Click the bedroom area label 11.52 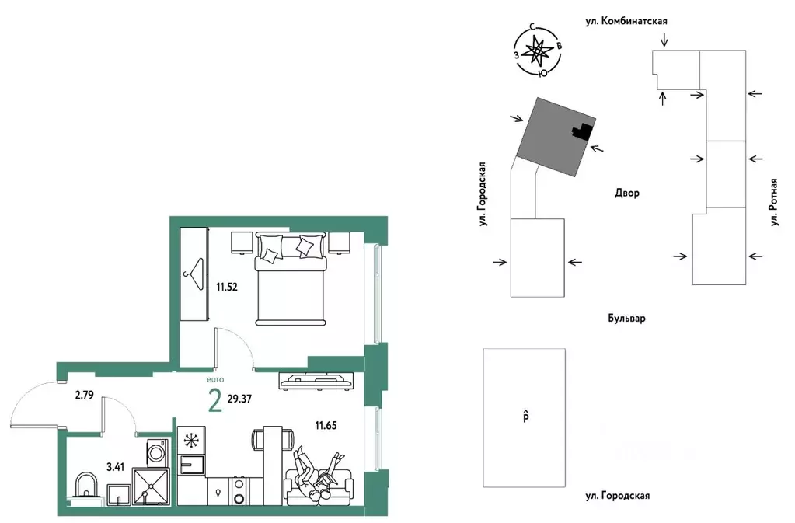227,287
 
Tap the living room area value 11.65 326,426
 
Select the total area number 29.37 239,399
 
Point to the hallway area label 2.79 84,395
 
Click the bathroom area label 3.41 116,467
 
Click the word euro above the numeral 215,379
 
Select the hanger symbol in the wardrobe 194,274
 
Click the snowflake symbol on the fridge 191,441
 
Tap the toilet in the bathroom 85,486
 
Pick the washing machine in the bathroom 157,451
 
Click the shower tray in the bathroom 151,486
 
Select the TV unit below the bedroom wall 315,381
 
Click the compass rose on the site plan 538,51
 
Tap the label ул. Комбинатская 626,21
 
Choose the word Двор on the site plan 627,193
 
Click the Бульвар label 626,319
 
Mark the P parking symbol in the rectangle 526,417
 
